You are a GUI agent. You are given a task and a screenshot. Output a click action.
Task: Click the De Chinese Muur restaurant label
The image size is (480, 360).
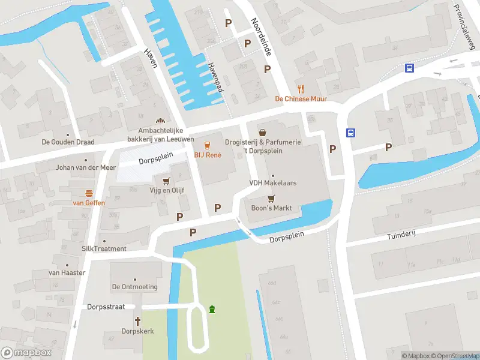(301, 99)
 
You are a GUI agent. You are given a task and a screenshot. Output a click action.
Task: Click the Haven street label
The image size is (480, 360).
(151, 58)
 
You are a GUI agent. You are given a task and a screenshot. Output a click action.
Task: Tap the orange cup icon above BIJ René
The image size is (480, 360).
(208, 145)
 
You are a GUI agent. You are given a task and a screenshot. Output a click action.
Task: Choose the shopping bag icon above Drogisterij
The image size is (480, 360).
(262, 132)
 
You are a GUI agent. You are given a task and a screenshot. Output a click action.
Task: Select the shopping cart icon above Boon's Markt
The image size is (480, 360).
(271, 197)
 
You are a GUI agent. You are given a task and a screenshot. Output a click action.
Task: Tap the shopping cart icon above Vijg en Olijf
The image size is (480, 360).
(167, 180)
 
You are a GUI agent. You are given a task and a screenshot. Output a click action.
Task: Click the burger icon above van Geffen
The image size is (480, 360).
(89, 193)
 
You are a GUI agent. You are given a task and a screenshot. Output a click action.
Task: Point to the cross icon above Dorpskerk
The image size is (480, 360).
(138, 321)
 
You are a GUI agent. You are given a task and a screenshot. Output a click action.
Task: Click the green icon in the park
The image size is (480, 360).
(211, 309)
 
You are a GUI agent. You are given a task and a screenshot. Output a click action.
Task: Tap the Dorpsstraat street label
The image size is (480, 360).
(106, 307)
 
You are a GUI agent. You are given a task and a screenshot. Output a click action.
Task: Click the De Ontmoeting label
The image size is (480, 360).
(134, 287)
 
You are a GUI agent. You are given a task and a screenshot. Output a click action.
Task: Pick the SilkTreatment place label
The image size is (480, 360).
(104, 248)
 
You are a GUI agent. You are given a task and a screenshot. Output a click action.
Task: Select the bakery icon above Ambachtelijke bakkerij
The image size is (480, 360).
(160, 121)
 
